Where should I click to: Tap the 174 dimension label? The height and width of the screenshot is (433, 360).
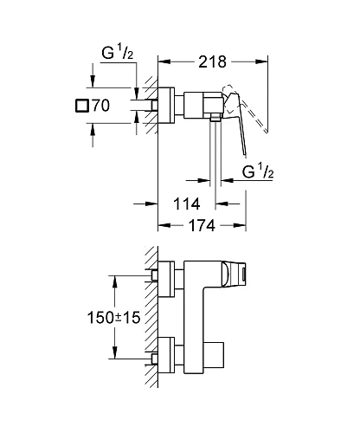point(202,227)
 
